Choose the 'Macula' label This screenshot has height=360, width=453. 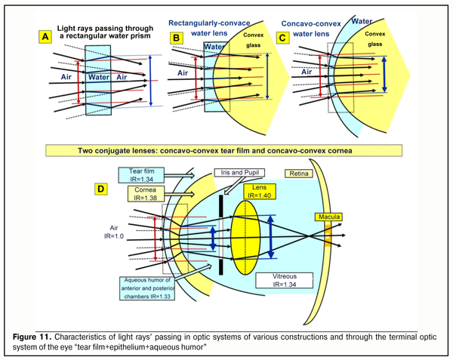330,218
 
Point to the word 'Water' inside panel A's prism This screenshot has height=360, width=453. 100,76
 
